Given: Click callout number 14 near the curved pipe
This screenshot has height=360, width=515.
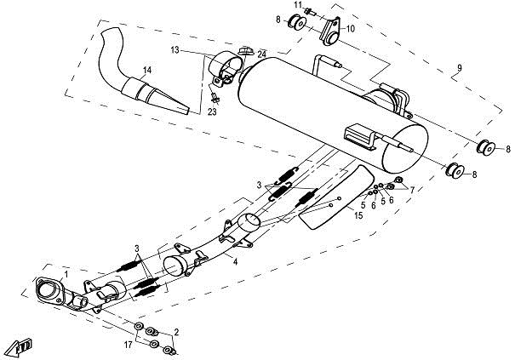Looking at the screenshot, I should [x=148, y=70].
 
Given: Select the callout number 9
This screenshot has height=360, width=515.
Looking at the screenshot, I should [x=459, y=68].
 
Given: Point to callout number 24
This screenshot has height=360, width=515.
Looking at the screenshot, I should [x=263, y=54].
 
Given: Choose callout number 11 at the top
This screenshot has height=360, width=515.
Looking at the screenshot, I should [x=299, y=6].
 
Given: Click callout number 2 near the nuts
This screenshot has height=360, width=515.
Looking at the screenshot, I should [x=176, y=331].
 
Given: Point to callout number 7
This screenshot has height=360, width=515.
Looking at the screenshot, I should [x=412, y=189].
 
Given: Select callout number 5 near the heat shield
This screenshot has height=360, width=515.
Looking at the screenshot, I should [x=362, y=205].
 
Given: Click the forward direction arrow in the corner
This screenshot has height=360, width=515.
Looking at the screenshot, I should [x=20, y=345].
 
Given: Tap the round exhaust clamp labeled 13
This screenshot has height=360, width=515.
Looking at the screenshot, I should [x=226, y=67].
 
